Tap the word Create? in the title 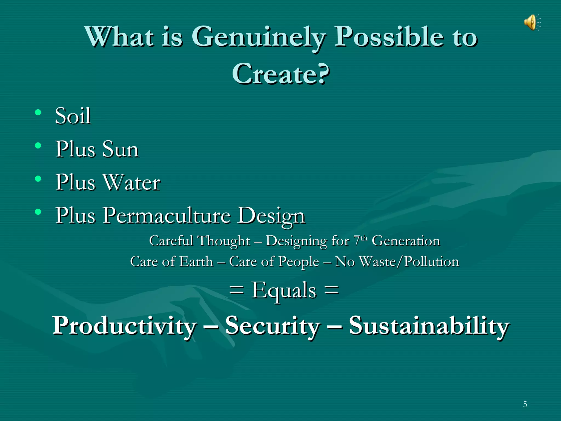coord(281,74)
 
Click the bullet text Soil coord(73,116)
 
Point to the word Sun coord(121,149)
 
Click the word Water coord(132,183)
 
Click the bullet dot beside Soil coord(38,112)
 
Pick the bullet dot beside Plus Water coord(38,179)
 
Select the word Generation coord(406,241)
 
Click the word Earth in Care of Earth coord(196,261)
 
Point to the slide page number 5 coord(525,404)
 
